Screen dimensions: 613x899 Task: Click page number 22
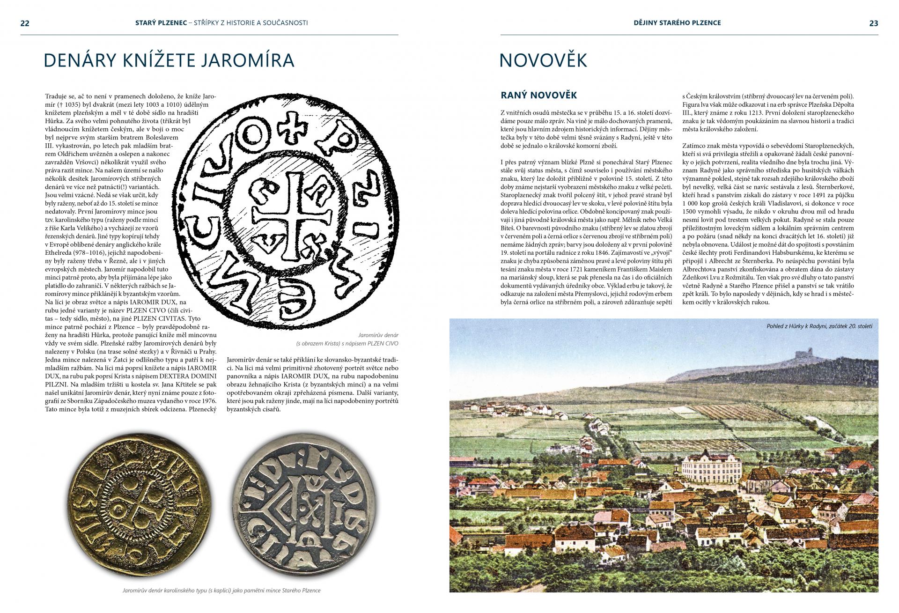pos(25,23)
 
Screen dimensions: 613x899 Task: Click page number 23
pos(873,23)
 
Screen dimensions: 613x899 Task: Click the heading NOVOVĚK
pos(543,60)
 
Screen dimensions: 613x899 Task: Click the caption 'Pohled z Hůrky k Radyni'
pos(819,326)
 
